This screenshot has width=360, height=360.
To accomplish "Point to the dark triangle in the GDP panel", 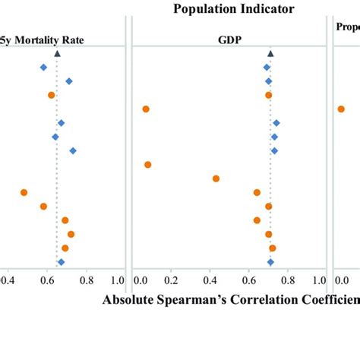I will click(x=270, y=54).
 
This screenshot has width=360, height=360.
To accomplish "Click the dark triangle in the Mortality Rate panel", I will click(x=57, y=54).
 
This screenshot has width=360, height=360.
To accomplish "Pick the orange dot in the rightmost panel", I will click(x=341, y=109).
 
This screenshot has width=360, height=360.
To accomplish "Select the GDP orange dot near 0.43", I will click(x=216, y=178).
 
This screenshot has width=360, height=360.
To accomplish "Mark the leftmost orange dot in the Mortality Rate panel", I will click(x=24, y=193).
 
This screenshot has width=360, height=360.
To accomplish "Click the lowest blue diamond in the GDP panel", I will click(x=270, y=262).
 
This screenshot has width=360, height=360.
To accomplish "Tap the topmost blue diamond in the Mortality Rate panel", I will click(x=43, y=68).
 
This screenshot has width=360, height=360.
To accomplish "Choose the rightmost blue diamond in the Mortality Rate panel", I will click(x=73, y=150).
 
